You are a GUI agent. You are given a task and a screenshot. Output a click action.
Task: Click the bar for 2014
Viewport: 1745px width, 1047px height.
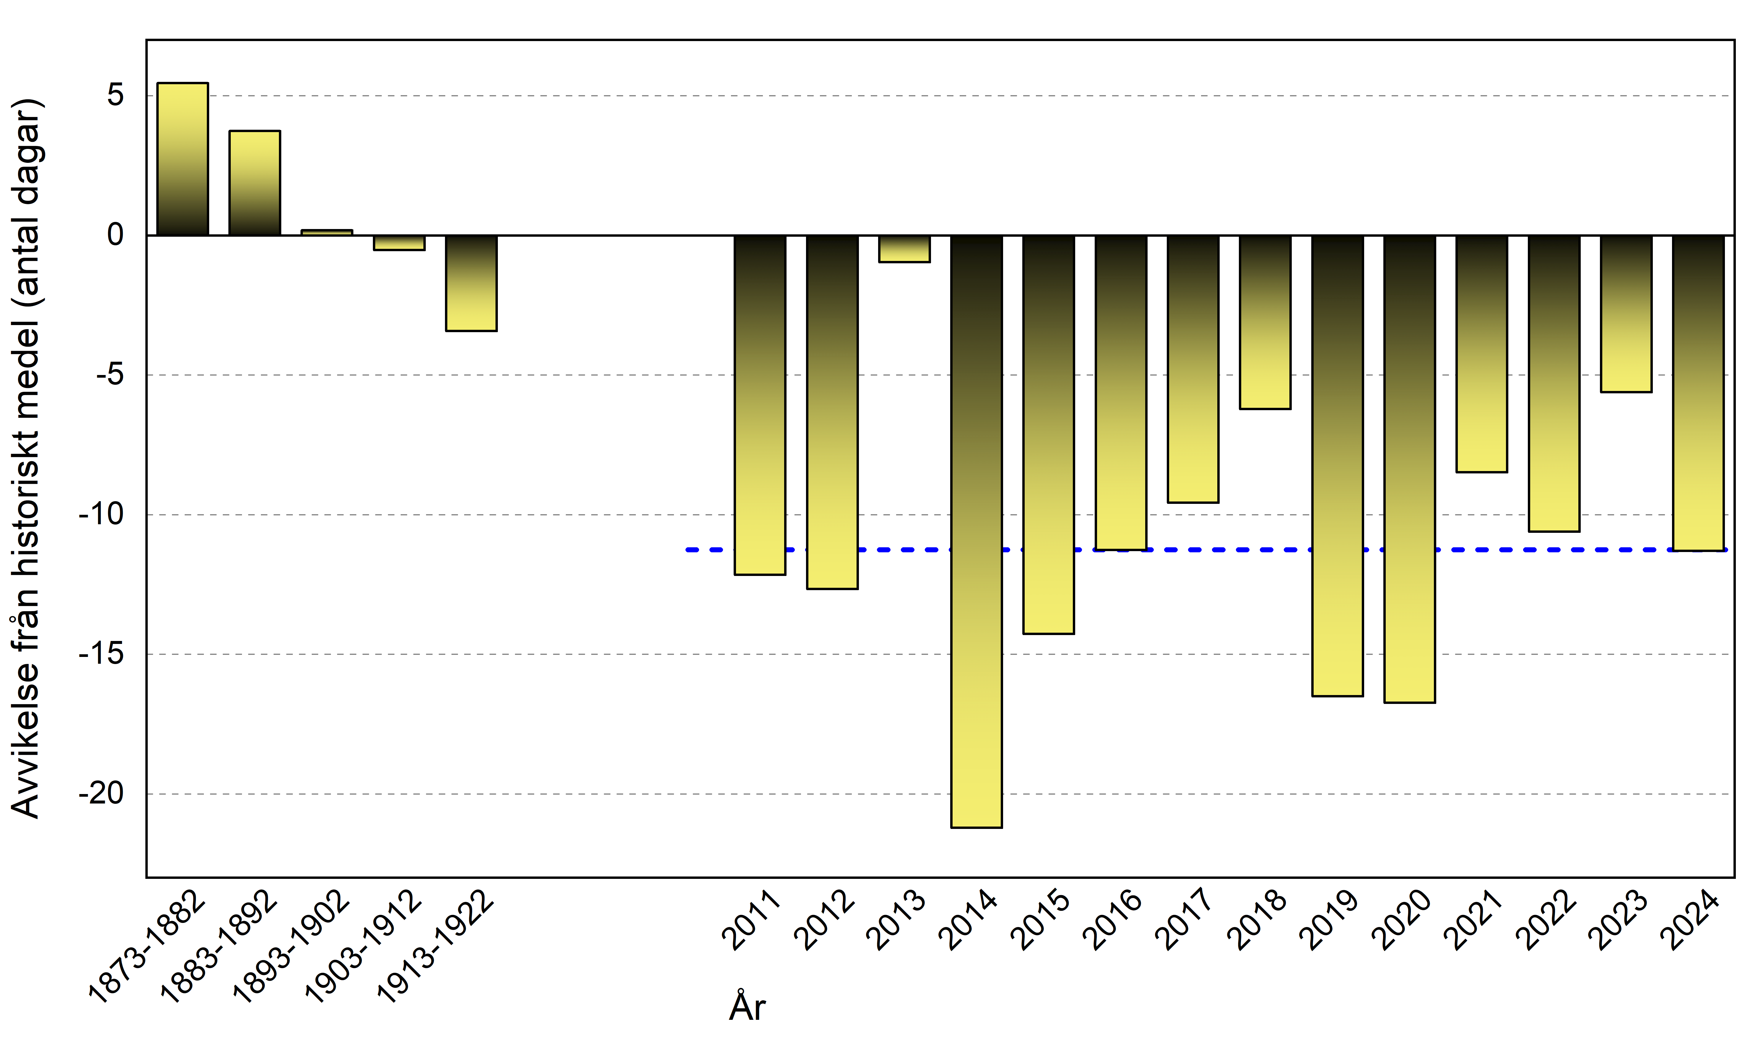[x=976, y=530]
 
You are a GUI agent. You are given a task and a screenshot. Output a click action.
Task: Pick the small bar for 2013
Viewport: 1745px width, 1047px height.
[x=904, y=249]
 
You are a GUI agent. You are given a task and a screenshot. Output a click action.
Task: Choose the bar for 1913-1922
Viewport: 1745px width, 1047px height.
[x=471, y=283]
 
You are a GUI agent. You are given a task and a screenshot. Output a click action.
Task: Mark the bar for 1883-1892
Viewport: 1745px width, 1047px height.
[x=255, y=183]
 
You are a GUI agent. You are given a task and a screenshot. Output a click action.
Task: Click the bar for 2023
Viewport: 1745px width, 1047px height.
[x=1626, y=313]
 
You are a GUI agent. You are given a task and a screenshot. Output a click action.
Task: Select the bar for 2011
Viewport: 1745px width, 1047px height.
[x=760, y=405]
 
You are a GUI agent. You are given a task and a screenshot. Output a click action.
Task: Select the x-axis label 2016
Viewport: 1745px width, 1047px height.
[x=1113, y=921]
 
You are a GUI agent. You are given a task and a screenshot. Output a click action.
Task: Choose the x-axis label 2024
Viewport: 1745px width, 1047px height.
[x=1691, y=921]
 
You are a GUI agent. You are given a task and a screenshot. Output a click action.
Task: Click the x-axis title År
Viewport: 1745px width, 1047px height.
[x=747, y=1007]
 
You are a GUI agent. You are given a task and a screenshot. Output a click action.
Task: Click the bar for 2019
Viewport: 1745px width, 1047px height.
[x=1337, y=466]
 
